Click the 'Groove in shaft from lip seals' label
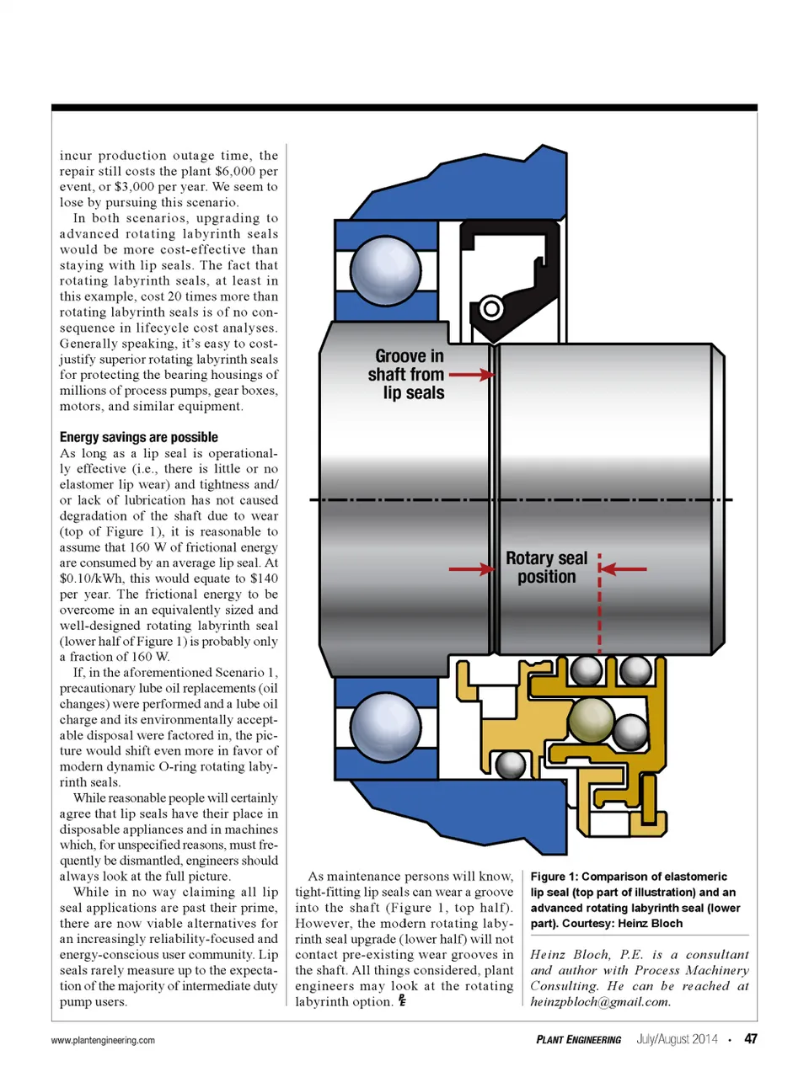click(407, 374)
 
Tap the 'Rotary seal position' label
click(546, 568)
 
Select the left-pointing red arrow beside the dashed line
click(624, 569)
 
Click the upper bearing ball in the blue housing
click(385, 270)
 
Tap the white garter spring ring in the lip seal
click(490, 308)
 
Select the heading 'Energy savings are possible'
click(138, 437)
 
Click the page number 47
click(750, 1038)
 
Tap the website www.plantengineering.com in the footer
click(103, 1040)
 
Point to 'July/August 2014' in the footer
click(676, 1039)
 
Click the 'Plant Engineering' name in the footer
click(578, 1039)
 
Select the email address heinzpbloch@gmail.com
click(600, 1001)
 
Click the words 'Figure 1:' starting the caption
click(554, 877)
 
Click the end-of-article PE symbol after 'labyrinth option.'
click(402, 1000)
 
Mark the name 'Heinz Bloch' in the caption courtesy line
click(651, 923)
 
